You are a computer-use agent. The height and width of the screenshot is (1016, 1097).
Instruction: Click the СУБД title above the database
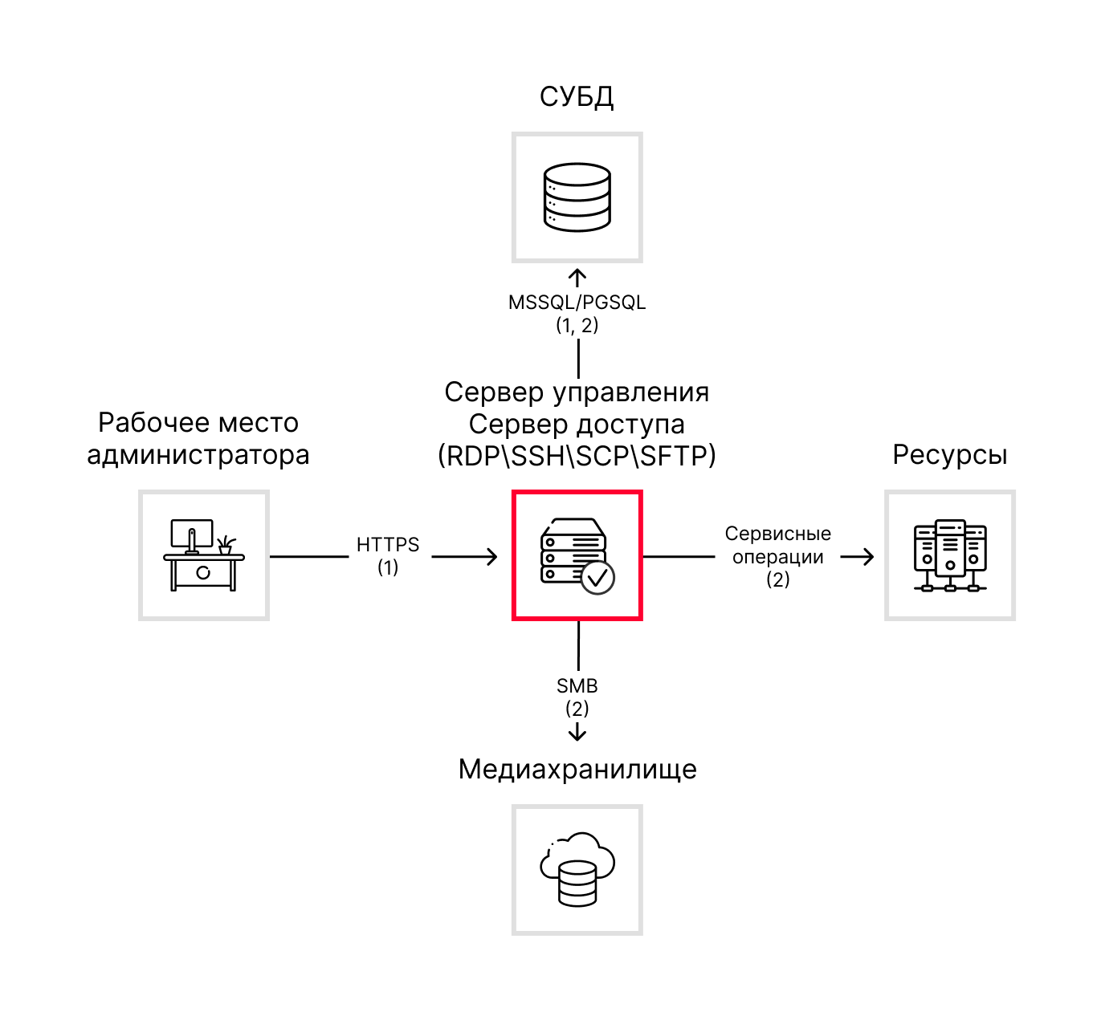coord(577,96)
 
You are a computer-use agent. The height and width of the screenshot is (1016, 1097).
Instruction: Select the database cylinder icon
coord(577,197)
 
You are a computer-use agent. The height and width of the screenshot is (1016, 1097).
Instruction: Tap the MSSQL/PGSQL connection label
coord(577,303)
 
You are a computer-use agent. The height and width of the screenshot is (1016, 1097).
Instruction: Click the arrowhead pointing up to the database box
coord(577,276)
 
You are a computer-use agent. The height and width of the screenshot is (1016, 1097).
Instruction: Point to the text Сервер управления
coord(577,392)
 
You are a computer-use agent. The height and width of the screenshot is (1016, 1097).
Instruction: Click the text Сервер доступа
coord(577,424)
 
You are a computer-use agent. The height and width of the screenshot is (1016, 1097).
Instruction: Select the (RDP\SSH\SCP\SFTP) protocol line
coord(577,456)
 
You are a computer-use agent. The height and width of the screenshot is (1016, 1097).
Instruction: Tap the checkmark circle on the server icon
coord(597,577)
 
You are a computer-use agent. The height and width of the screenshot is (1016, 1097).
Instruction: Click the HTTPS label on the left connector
coord(388,545)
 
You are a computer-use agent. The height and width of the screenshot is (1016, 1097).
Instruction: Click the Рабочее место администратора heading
coord(198,438)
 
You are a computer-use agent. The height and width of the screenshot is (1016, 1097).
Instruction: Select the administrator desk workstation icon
coord(203,555)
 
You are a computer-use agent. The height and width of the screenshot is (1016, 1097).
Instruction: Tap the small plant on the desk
coord(226,545)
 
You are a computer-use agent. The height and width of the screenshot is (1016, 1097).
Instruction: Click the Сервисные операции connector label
coord(777,546)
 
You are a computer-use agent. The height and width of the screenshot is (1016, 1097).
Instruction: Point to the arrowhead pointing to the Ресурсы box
coord(867,556)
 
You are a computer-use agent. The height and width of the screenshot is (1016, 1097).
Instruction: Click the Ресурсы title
coord(949,455)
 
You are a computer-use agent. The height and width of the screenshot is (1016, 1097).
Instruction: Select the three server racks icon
coord(950,555)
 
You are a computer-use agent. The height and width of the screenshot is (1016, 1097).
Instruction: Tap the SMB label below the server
coord(577,686)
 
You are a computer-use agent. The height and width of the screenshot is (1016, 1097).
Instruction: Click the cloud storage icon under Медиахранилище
coord(577,870)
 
